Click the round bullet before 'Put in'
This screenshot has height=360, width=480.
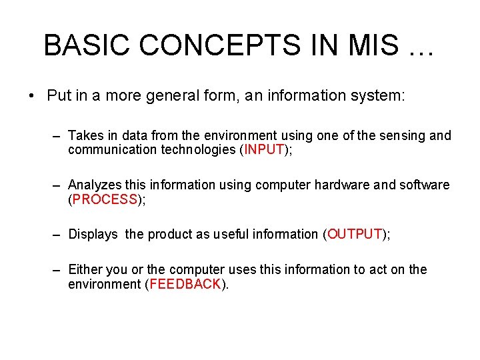coord(32,96)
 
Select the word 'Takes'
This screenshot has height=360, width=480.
coord(84,135)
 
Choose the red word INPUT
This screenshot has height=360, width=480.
coord(264,149)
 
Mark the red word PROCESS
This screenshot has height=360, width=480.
coord(105,199)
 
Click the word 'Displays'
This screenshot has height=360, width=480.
coord(93,234)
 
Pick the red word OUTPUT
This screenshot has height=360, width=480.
coord(354,234)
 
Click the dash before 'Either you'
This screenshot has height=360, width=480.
coord(58,269)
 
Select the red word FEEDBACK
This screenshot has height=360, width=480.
coord(185,284)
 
